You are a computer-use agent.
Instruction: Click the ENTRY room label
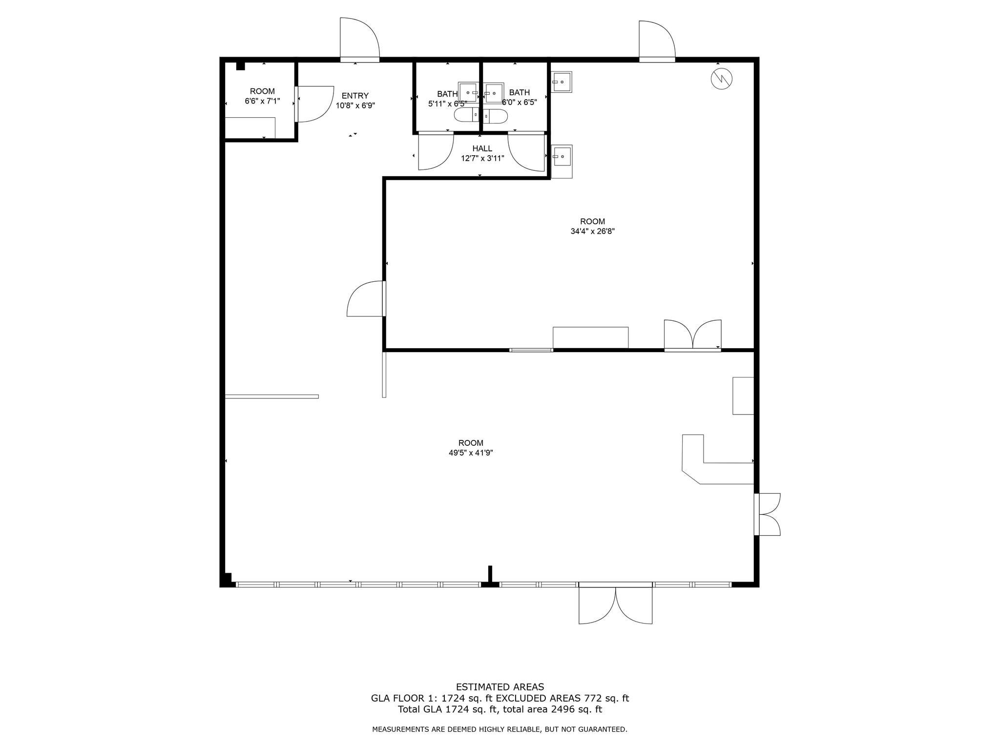(x=355, y=96)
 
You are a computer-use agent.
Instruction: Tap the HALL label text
(x=482, y=148)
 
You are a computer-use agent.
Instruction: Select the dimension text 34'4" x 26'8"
(x=592, y=231)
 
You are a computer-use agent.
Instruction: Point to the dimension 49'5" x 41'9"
(x=471, y=453)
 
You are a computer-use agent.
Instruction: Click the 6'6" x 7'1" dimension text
(x=262, y=101)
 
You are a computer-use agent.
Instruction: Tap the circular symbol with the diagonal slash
(x=722, y=79)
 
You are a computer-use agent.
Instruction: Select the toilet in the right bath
(x=496, y=116)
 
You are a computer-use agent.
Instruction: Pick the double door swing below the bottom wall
(x=615, y=605)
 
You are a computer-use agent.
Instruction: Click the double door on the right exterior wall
(x=768, y=514)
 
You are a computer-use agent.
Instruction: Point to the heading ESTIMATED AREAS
(x=500, y=687)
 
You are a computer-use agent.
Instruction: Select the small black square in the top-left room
(x=240, y=66)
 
